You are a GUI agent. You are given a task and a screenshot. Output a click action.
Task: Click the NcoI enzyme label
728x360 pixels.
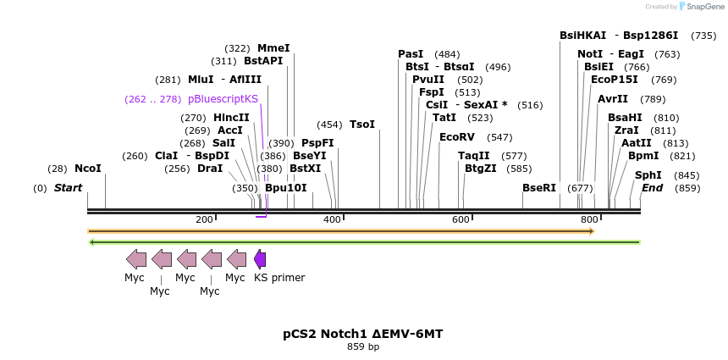coord(88,169)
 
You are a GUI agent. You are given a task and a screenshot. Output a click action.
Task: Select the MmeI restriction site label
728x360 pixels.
coord(273,48)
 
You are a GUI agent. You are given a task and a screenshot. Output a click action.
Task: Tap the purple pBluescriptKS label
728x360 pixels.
coord(223,99)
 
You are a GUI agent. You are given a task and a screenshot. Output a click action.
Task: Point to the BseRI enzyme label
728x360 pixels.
coord(539,188)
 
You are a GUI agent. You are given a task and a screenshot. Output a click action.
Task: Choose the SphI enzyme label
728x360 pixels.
coord(648,175)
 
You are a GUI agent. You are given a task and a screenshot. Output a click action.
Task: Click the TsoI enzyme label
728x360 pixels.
coord(362,125)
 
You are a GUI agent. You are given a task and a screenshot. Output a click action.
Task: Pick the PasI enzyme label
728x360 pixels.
coord(411,54)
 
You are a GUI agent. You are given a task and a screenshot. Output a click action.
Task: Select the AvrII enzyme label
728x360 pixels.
coord(613,99)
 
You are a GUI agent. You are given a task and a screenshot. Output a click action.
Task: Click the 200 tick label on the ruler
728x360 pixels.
coord(204,220)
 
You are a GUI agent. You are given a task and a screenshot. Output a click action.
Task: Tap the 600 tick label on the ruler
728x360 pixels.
coord(461,220)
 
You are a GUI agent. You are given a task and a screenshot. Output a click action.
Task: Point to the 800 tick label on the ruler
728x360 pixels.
coord(589,220)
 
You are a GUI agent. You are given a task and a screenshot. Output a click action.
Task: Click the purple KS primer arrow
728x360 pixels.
coord(260,259)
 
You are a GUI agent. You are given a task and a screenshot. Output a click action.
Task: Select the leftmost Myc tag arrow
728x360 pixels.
coord(135,259)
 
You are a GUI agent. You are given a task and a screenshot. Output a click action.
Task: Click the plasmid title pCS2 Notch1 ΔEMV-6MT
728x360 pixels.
coord(363,334)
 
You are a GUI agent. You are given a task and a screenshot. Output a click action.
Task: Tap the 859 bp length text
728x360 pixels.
coord(363,346)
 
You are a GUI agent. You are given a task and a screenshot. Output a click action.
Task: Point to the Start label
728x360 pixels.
coord(69,188)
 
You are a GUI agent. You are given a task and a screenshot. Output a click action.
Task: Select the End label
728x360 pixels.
coord(652,188)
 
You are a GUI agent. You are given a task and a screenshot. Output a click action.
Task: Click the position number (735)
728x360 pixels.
coord(703,36)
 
